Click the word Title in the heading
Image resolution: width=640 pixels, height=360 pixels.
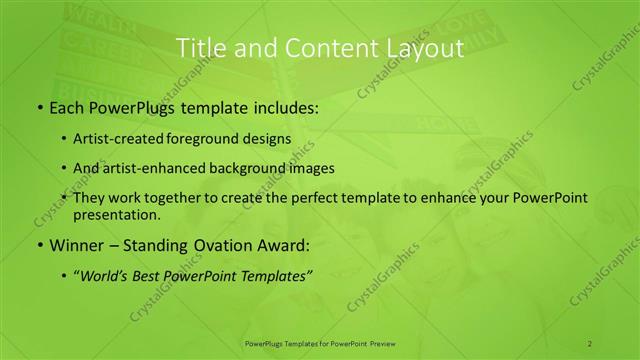tap(199, 47)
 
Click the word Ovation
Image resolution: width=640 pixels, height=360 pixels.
tap(213, 246)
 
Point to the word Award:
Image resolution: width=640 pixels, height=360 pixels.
tap(275, 246)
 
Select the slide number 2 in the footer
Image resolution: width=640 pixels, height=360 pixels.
tap(589, 343)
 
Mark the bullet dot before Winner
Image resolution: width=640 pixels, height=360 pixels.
tap(38, 246)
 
